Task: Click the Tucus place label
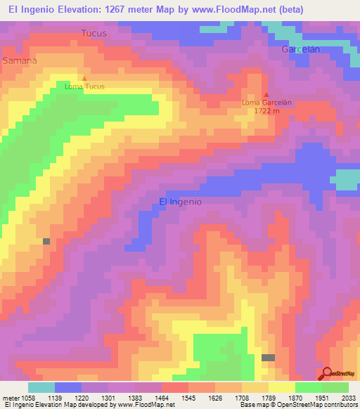coord(94,33)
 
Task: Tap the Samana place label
coord(20,60)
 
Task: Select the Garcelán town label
coord(301,49)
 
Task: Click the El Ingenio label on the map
coord(181,202)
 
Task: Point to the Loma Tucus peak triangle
coord(85,78)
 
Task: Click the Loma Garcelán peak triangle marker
coord(266,94)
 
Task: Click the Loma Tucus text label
coord(84,87)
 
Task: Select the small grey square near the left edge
coord(46,241)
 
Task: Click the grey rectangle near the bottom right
coord(268,358)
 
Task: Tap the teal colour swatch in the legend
coord(41,387)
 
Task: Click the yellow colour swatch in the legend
coord(281,387)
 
